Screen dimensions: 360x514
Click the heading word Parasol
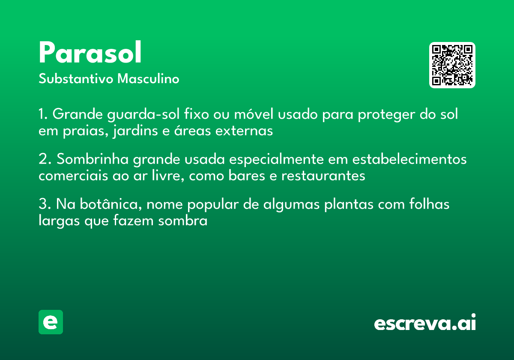90,54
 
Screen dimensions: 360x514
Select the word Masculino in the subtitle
148,79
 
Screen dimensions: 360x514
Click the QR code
452,65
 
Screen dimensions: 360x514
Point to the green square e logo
51,322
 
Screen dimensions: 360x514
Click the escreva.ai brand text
425,323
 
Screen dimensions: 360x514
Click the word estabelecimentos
409,159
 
